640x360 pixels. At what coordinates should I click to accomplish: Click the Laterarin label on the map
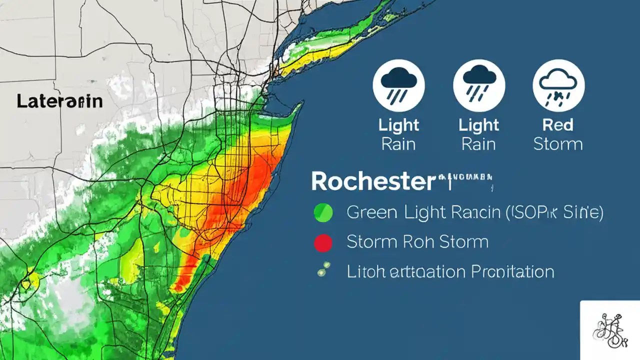pyautogui.click(x=59, y=101)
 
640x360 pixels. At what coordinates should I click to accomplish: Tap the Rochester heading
pyautogui.click(x=372, y=182)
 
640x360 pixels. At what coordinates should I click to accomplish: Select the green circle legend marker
pyautogui.click(x=322, y=213)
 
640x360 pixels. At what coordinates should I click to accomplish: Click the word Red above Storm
pyautogui.click(x=557, y=125)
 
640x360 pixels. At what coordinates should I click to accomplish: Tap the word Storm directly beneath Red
pyautogui.click(x=557, y=144)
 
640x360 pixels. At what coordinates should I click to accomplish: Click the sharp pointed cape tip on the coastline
pyautogui.click(x=301, y=103)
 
